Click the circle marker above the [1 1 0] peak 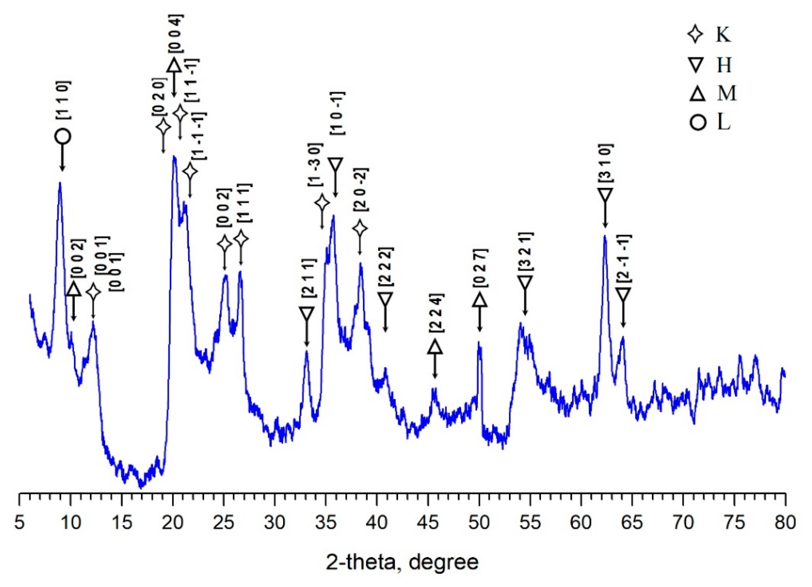pyautogui.click(x=63, y=137)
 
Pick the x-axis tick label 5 pyautogui.click(x=19, y=523)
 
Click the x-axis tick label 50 pyautogui.click(x=479, y=523)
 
